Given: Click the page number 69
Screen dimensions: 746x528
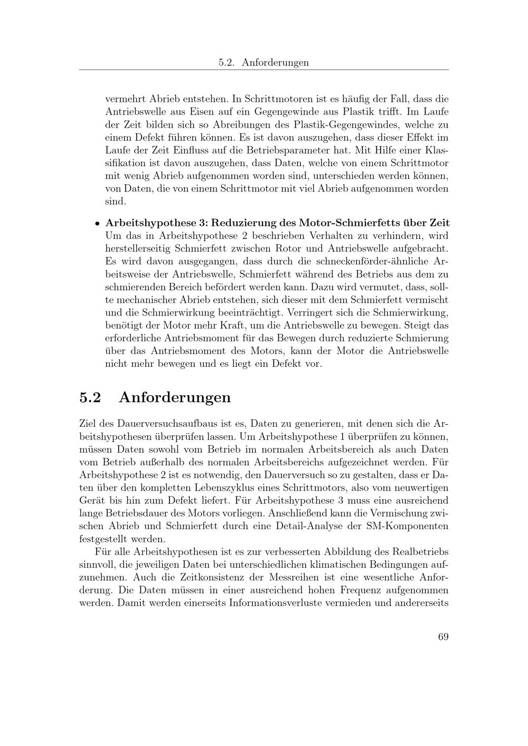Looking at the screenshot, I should tap(443, 637).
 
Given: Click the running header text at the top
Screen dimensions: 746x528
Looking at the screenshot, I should tap(263, 62).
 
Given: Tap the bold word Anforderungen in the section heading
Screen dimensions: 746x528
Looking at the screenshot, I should tap(175, 397).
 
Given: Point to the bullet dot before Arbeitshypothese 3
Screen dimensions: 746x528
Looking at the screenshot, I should tap(98, 223).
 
